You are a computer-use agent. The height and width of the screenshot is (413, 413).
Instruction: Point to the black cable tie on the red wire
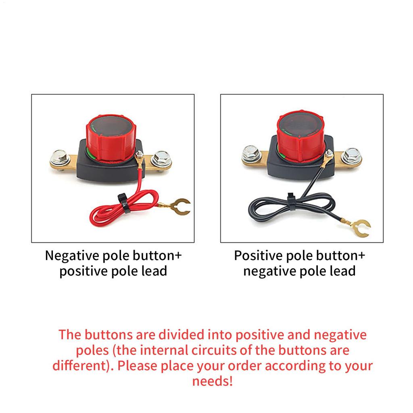click(x=123, y=200)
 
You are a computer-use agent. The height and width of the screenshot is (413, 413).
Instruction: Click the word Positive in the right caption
click(x=258, y=256)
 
